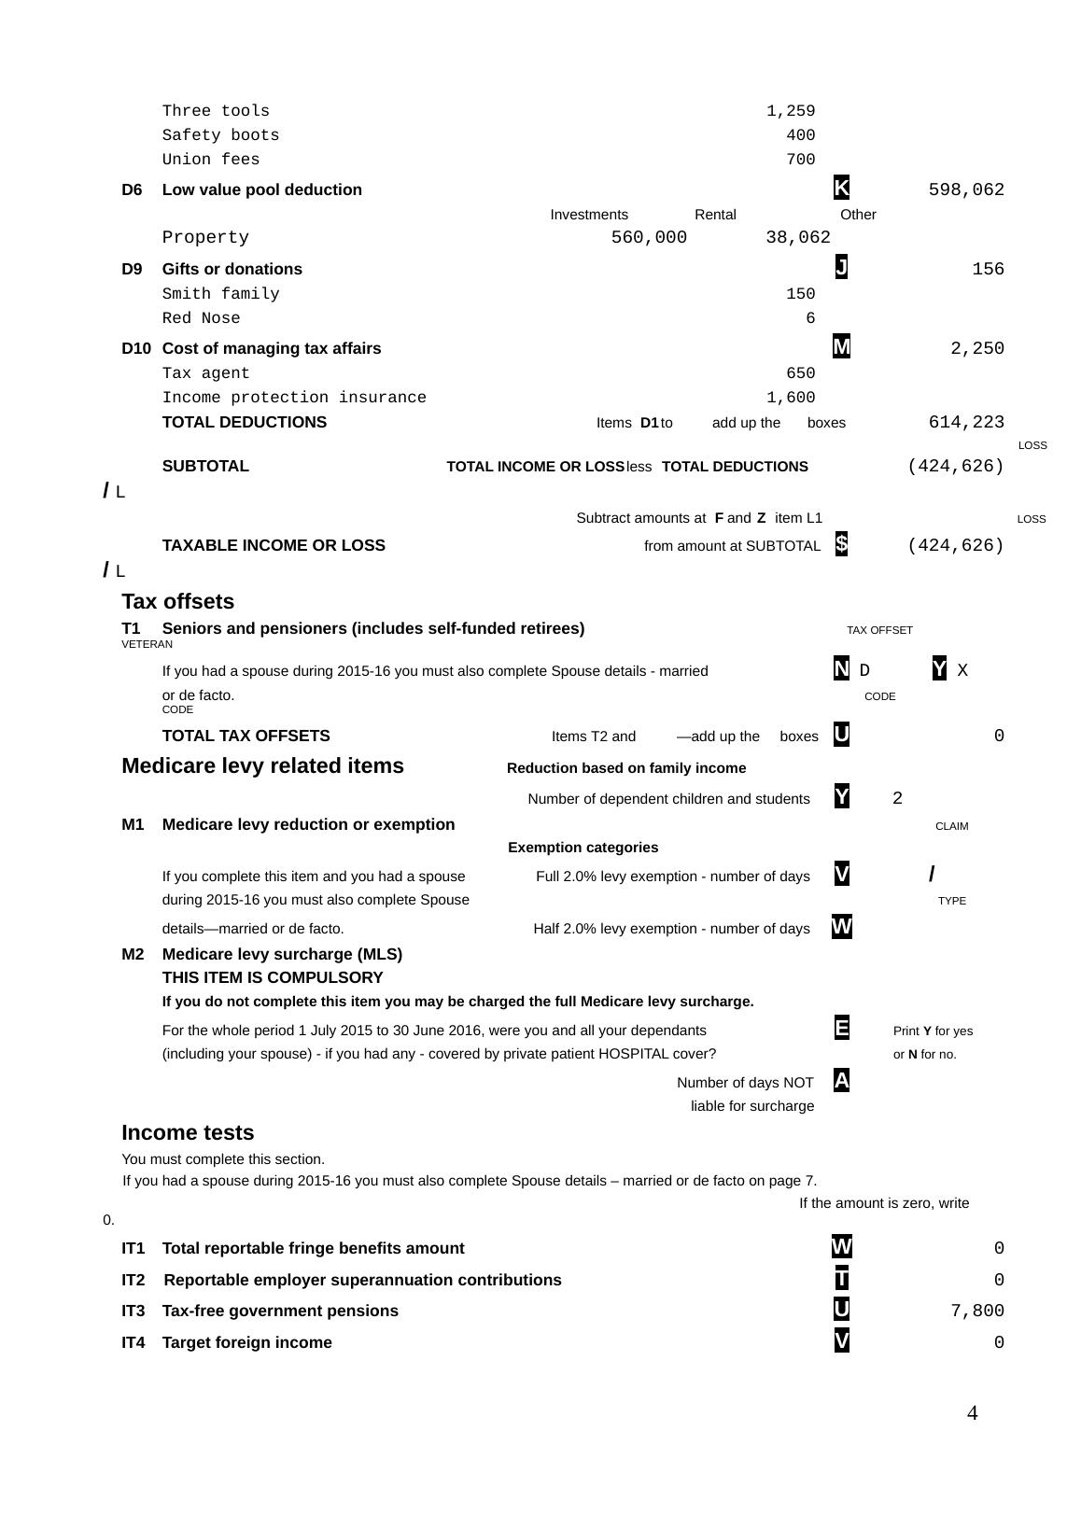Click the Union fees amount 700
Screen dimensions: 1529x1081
[x=800, y=160]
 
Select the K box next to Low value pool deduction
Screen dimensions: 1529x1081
[x=841, y=189]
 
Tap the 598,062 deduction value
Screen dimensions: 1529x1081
[x=966, y=190]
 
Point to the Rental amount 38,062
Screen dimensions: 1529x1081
[x=798, y=238]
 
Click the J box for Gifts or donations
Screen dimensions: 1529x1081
[x=841, y=268]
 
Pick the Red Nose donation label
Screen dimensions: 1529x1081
[x=201, y=318]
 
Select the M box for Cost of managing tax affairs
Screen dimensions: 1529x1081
[x=841, y=347]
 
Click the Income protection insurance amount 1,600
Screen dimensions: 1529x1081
[x=791, y=398]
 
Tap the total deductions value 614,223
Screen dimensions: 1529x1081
[x=966, y=423]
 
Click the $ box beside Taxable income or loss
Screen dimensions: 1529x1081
[x=841, y=544]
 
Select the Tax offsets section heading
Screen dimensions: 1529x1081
[x=177, y=601]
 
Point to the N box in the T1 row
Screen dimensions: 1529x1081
[x=841, y=669]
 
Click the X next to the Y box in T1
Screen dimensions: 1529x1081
[x=962, y=670]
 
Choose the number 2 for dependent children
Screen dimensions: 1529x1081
[x=897, y=798]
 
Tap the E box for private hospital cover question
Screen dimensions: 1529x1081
[x=841, y=1029]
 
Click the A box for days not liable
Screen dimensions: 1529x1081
[x=841, y=1081]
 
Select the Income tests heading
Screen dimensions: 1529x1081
[x=188, y=1132]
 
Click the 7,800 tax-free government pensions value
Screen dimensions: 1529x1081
[x=977, y=1312]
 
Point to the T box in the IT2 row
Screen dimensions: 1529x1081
[x=841, y=1279]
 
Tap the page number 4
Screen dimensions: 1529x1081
[x=972, y=1413]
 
